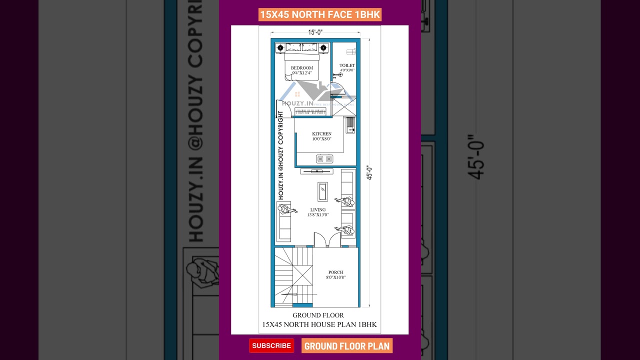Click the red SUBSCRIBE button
click(x=271, y=345)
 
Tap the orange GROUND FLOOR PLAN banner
click(x=346, y=346)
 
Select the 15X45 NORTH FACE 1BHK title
click(x=320, y=14)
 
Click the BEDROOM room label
click(x=302, y=68)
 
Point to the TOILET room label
click(x=347, y=65)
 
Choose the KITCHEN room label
click(x=321, y=134)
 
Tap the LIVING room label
click(x=317, y=210)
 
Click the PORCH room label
click(x=335, y=272)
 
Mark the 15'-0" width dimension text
click(x=315, y=32)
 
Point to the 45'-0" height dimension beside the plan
click(x=369, y=172)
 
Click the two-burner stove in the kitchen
click(x=324, y=159)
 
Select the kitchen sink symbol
click(x=350, y=123)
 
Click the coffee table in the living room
click(x=322, y=191)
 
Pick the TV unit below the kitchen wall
click(x=316, y=171)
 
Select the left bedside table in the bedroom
click(x=280, y=48)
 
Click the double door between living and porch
click(x=327, y=240)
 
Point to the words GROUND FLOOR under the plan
click(x=318, y=315)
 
